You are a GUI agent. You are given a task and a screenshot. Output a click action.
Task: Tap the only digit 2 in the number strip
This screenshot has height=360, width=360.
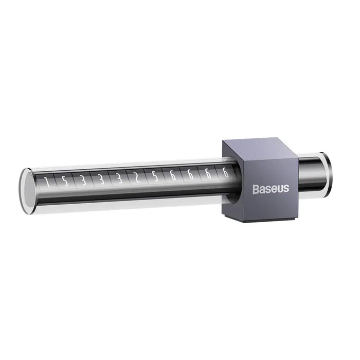[137, 178]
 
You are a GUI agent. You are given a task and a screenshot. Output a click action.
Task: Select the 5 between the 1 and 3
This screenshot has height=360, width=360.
[64, 181]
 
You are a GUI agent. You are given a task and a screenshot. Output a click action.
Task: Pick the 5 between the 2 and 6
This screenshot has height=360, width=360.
[155, 177]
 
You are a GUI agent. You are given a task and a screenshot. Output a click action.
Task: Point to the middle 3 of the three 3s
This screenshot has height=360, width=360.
[101, 179]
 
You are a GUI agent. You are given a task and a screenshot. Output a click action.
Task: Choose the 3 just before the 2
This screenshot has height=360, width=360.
[119, 179]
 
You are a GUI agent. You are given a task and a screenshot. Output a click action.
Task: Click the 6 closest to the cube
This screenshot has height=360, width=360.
[225, 173]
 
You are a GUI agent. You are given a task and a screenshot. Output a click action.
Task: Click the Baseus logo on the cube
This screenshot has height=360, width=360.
[271, 189]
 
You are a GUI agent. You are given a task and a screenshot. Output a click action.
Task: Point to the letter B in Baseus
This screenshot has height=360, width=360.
[256, 189]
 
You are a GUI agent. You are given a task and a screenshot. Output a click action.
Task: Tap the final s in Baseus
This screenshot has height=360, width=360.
[286, 189]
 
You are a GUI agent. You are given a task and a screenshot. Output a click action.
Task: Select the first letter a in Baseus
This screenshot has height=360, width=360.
[262, 189]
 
